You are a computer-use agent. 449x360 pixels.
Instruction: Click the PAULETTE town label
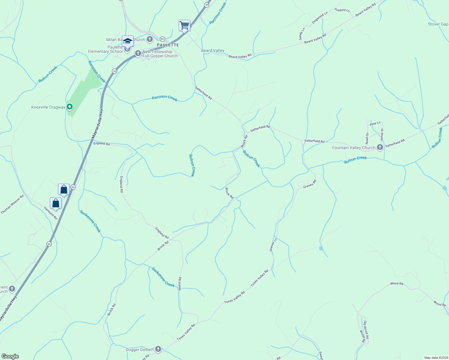point(168,45)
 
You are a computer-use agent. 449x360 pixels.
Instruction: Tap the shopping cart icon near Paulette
point(184,25)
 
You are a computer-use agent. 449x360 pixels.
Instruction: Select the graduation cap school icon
point(128,41)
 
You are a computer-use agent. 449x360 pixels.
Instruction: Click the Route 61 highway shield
point(162,39)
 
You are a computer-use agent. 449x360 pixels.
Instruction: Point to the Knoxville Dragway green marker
point(70,107)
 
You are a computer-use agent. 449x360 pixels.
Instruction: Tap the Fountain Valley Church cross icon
point(380,147)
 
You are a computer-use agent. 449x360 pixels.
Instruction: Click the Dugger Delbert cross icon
point(158,349)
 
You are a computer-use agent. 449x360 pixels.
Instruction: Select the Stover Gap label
point(438,24)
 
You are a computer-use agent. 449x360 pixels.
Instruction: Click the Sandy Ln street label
point(302,34)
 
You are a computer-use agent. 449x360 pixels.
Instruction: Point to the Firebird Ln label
point(342,10)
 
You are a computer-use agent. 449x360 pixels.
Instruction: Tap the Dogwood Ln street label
point(320,18)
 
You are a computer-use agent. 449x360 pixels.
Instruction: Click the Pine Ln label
point(375,123)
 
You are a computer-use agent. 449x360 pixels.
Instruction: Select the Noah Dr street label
point(367,138)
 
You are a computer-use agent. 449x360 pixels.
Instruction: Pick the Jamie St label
point(382,135)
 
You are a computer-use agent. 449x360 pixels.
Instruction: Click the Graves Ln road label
point(273,245)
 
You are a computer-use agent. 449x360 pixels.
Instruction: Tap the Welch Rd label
point(180,283)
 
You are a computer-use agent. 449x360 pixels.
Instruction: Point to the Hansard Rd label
point(50,213)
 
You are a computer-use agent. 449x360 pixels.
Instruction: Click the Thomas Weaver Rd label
point(12,205)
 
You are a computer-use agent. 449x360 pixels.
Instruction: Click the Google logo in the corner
point(10,356)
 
